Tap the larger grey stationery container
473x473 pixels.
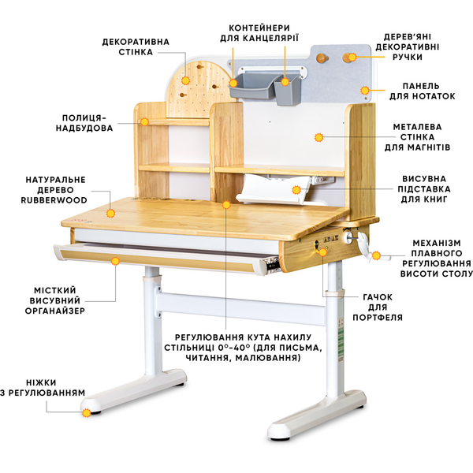point(250,85)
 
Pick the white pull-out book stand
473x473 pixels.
point(268,189)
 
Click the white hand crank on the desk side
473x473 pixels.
point(364,244)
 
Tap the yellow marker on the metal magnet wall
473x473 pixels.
point(319,137)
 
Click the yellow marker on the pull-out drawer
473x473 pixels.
point(116,259)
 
